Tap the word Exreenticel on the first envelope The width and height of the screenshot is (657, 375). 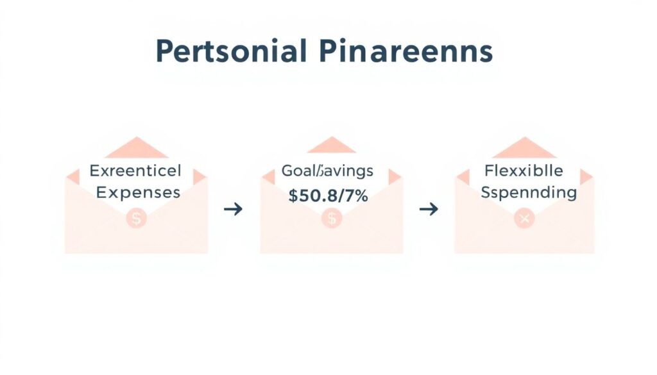click(135, 171)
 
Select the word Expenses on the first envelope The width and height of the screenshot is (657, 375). click(135, 192)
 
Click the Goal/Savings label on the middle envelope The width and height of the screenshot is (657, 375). click(327, 171)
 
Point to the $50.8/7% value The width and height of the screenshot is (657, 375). click(328, 196)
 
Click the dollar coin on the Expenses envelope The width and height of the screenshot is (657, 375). click(136, 219)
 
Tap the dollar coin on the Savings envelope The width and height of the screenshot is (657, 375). click(332, 219)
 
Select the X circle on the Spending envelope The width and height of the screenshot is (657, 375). click(525, 219)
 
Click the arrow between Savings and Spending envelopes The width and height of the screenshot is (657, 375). click(428, 209)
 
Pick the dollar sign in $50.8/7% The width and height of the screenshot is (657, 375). click(293, 196)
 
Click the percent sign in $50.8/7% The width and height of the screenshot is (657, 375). click(361, 196)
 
